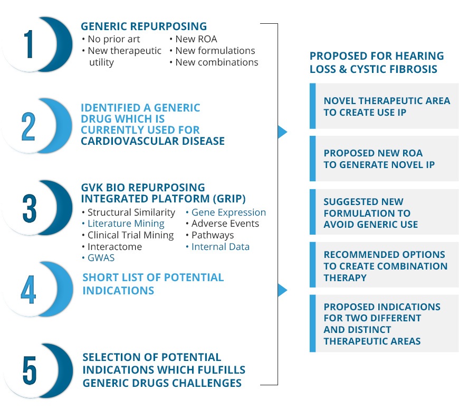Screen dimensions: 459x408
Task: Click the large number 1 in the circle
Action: [x=28, y=44]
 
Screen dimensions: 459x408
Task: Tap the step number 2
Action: [x=28, y=126]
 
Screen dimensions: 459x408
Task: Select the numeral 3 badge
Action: [x=29, y=208]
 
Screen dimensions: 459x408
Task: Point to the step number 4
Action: [x=28, y=290]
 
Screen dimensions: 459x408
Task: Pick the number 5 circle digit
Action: [x=29, y=370]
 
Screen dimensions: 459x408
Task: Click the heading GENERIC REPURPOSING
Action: [x=144, y=26]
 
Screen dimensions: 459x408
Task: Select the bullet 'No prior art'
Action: [x=111, y=39]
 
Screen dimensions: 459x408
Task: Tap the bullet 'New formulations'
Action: [x=212, y=50]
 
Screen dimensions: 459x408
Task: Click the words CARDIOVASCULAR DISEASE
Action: [x=152, y=141]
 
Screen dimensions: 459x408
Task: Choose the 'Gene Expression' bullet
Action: [x=226, y=212]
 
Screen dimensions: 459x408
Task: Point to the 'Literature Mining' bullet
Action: [x=123, y=224]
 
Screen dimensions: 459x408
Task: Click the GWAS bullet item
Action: [x=98, y=258]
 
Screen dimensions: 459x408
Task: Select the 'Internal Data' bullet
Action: [x=217, y=247]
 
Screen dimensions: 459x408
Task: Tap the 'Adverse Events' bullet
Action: [x=222, y=224]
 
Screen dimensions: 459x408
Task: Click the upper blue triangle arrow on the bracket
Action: [x=282, y=132]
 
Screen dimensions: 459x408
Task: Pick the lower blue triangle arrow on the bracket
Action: [x=282, y=290]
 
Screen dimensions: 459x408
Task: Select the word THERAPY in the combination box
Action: [x=345, y=277]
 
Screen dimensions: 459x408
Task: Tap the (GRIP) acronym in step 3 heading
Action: [x=229, y=199]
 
